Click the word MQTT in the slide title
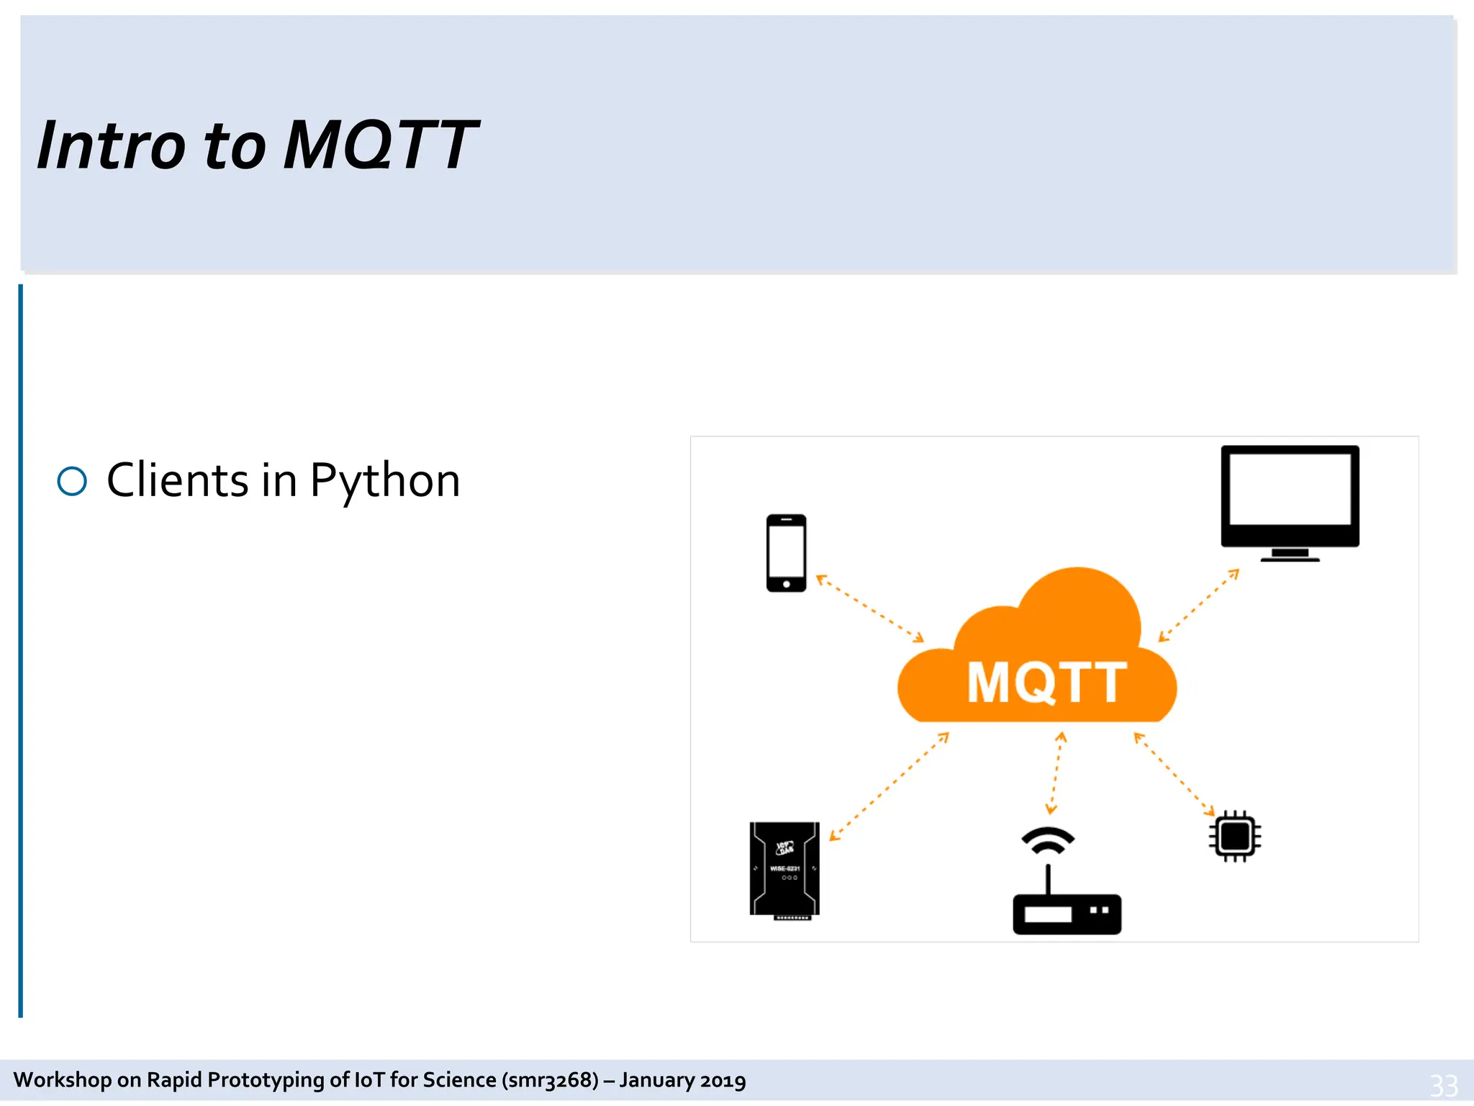tap(380, 146)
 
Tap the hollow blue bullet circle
tap(72, 481)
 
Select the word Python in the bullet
tap(384, 481)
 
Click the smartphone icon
tap(786, 553)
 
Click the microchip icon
tap(1235, 836)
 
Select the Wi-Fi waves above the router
tap(1048, 840)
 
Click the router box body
tap(1067, 914)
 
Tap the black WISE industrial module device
tap(785, 869)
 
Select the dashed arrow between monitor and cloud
tap(1198, 606)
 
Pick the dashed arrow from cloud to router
tap(1056, 773)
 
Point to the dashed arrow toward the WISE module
tap(889, 786)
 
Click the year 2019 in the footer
tap(723, 1080)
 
